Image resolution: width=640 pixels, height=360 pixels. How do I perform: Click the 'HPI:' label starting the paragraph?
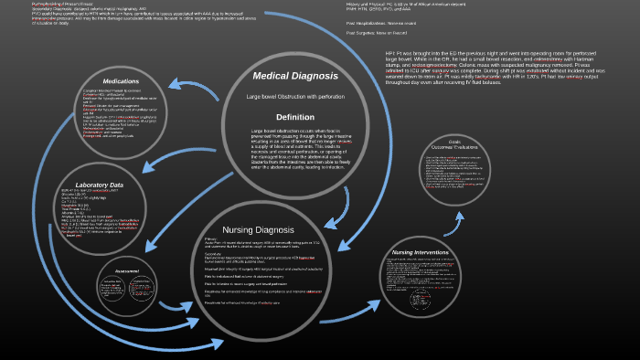pyautogui.click(x=391, y=55)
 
